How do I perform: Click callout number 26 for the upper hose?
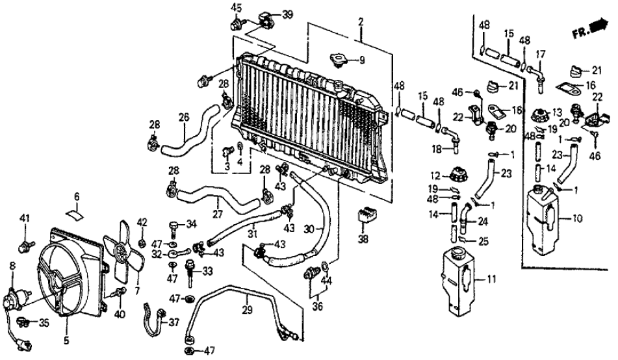point(183,118)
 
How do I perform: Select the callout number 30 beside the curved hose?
point(310,228)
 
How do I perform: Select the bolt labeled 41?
point(26,245)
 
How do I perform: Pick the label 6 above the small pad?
point(76,196)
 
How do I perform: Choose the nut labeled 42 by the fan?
point(142,242)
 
